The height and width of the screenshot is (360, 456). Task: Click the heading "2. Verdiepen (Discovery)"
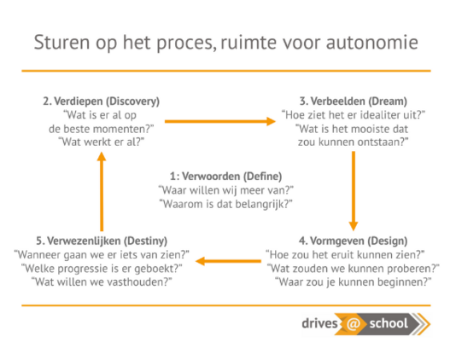coord(102,102)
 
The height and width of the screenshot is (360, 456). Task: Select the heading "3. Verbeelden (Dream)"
coord(354,102)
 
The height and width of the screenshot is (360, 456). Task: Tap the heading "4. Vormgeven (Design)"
coord(353,241)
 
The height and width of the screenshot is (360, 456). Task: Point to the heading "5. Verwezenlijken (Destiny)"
coord(102,241)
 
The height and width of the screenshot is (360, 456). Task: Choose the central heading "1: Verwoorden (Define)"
coord(226,177)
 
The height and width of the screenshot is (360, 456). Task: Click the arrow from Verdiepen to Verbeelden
coord(220,121)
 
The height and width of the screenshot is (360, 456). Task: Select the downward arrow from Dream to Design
coord(354,191)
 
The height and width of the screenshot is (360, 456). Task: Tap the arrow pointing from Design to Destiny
coord(228,261)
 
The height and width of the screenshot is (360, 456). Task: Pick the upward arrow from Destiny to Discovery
coord(102,191)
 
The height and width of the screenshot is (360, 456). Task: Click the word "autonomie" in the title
coord(372,43)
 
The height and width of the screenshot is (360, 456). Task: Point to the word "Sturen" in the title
coord(61,43)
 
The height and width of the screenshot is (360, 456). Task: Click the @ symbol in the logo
coord(353,323)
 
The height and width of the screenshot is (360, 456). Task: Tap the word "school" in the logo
coord(389,323)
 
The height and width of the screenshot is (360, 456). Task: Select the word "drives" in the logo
coord(319,323)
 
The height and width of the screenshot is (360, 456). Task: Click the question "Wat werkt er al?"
coord(102,142)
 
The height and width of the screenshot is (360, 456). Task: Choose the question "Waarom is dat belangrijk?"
coord(226,204)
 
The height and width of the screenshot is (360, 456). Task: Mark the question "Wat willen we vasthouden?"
coord(102,282)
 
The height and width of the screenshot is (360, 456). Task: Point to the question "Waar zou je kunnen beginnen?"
coord(353,282)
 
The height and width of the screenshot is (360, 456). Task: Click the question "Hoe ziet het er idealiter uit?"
coord(354,115)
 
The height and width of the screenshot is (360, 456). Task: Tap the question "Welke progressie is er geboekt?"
coord(102,269)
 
